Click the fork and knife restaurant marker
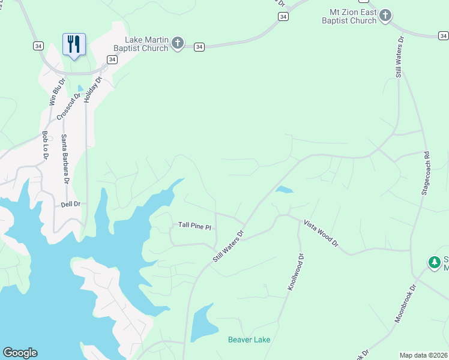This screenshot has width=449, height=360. pos(74,44)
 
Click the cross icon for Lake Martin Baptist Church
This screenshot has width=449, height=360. pos(177,43)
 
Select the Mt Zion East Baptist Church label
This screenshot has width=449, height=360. pos(353,16)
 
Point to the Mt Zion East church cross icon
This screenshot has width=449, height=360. pos(385,16)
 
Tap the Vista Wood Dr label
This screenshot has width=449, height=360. pos(321,233)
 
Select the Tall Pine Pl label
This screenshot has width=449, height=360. pos(195,226)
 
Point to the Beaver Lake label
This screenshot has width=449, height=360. pos(249,340)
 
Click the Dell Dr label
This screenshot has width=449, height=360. pos(70,205)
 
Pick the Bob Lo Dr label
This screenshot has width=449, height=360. pos(45,145)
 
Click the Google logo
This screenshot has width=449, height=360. pos(20,353)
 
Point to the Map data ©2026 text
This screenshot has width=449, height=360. pos(423,355)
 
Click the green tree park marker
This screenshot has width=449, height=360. pos(434,262)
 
